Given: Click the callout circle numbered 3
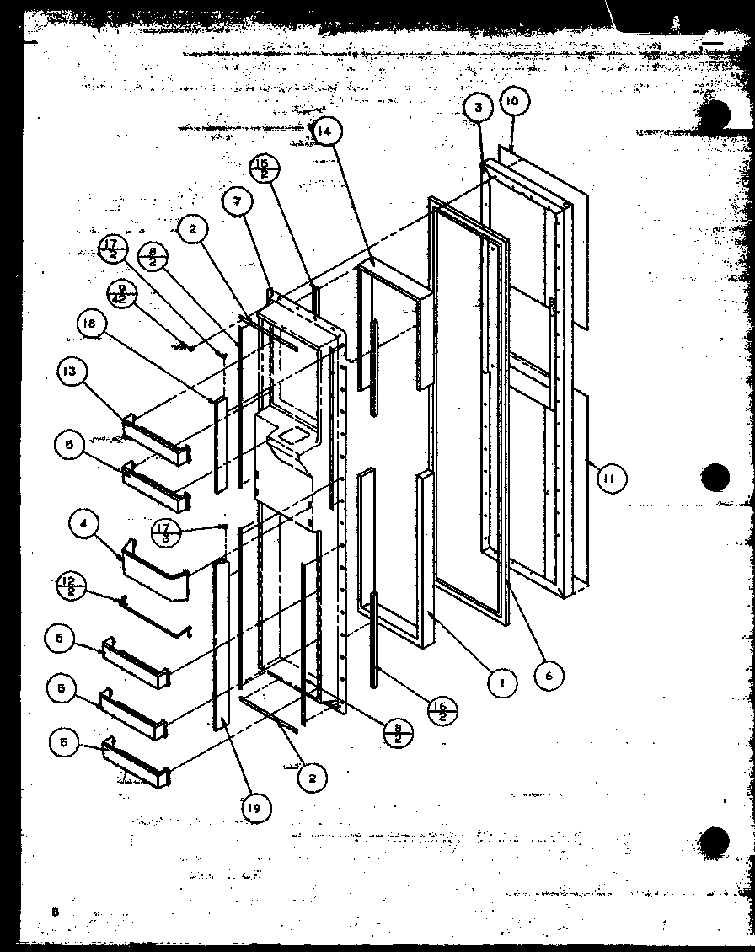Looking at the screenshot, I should [477, 108].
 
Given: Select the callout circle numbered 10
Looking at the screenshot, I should [514, 101].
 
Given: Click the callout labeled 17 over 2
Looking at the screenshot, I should [113, 250].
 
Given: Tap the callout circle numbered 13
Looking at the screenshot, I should [72, 372].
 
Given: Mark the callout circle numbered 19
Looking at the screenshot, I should [256, 809].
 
